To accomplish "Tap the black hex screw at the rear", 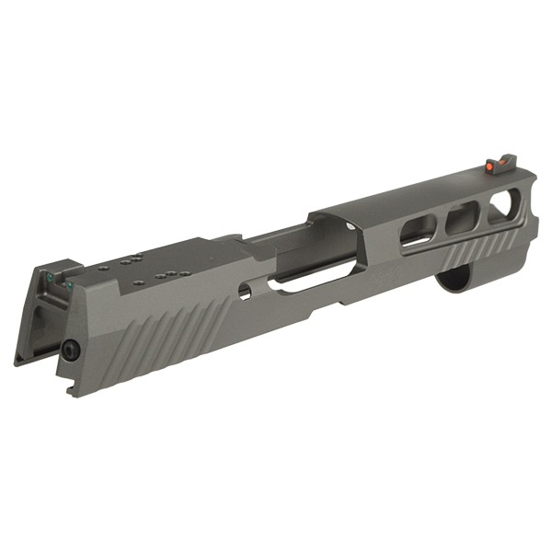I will pos(70,349).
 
